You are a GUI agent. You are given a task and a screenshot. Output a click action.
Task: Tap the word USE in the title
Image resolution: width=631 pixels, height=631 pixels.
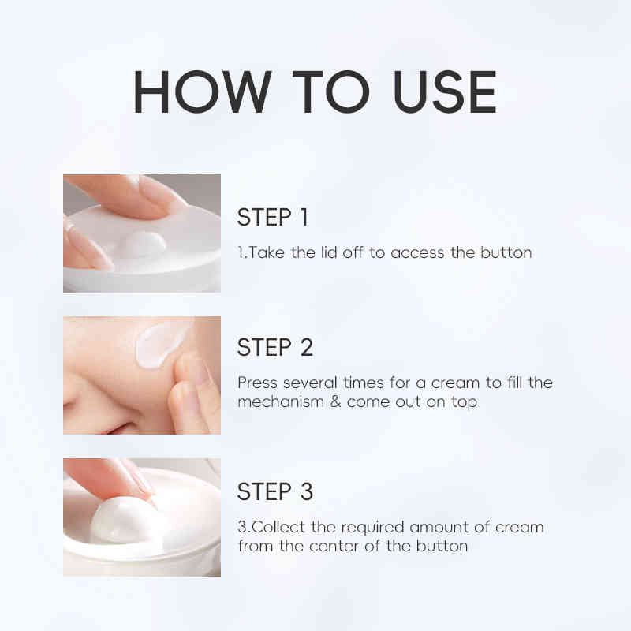(x=445, y=91)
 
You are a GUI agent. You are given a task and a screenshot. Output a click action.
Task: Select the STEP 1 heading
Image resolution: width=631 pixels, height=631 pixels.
(x=273, y=218)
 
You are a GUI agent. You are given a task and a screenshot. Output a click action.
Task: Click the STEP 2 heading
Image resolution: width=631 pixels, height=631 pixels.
(x=275, y=347)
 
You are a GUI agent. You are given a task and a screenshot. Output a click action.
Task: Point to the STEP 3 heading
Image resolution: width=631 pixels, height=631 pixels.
(x=275, y=491)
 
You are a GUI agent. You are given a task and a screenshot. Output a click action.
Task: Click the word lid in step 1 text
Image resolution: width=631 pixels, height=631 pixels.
(x=329, y=252)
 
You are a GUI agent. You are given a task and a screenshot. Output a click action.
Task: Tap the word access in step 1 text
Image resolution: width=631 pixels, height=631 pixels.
(x=417, y=253)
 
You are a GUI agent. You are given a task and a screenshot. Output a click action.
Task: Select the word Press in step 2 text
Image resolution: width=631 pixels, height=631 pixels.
(x=258, y=383)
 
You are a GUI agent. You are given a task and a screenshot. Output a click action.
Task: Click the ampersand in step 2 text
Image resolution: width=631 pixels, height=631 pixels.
(x=335, y=401)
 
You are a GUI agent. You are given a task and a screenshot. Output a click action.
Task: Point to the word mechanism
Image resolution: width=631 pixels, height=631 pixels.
(x=281, y=401)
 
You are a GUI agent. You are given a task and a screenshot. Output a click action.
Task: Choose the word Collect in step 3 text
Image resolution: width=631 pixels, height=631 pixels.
(x=278, y=527)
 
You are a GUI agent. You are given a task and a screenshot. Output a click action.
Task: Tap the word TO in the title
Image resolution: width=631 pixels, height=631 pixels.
(x=330, y=91)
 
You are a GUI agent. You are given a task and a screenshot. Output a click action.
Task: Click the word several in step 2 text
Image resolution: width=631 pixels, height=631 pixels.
(x=310, y=383)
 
